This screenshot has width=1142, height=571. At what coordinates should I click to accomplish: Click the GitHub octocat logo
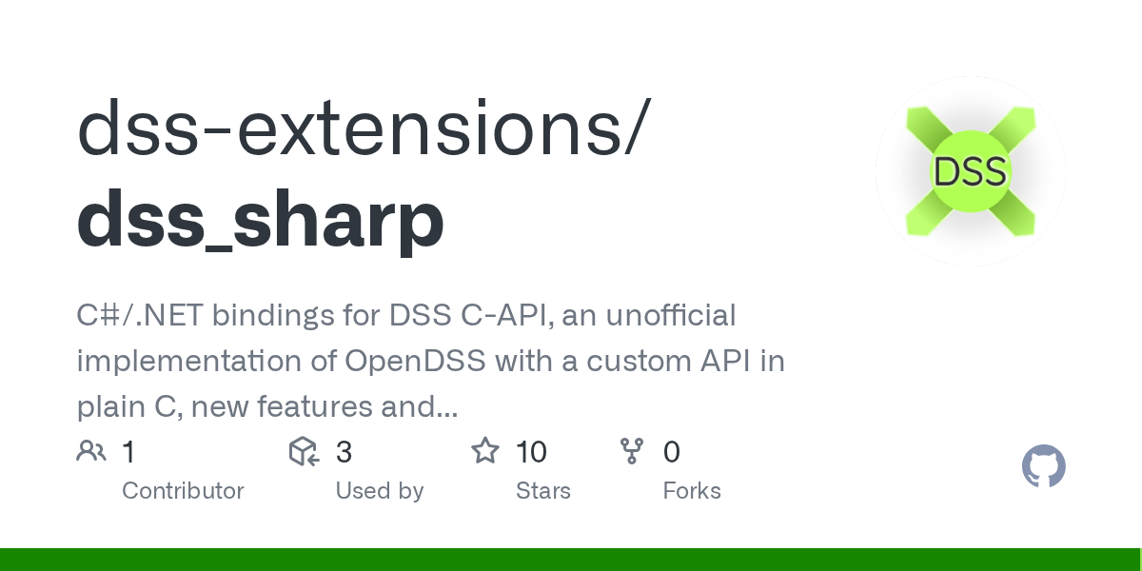(x=1044, y=467)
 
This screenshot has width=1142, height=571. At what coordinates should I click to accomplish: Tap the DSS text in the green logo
(x=970, y=172)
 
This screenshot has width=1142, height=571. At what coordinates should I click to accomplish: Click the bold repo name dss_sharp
(x=260, y=220)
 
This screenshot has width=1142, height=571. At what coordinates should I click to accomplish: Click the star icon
(x=485, y=451)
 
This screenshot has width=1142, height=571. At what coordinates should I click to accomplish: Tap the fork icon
(x=632, y=451)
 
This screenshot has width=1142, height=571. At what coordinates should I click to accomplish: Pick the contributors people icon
(x=91, y=451)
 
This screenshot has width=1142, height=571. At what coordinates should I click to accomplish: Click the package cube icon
(x=303, y=451)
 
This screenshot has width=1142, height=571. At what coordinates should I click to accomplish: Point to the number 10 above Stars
(x=531, y=452)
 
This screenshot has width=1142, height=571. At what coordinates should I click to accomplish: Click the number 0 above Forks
(x=671, y=452)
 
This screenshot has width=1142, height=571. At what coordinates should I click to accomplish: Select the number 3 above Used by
(x=344, y=452)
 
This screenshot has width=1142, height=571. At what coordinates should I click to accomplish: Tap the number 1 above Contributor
(x=128, y=452)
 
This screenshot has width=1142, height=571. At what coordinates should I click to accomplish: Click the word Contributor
(x=183, y=491)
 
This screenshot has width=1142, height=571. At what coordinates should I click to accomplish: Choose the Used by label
(x=379, y=491)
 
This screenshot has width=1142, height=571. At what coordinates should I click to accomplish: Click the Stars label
(x=542, y=491)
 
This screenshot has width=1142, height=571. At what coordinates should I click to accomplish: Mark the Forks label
(x=692, y=491)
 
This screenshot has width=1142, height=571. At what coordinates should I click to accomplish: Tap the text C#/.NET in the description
(x=138, y=315)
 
